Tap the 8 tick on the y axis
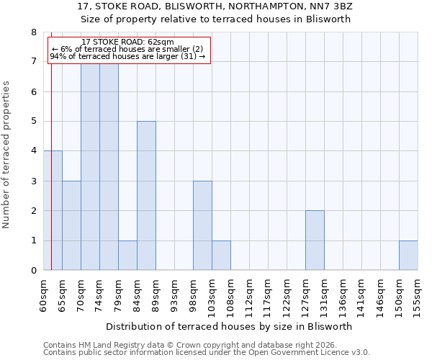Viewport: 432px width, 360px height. click(33, 32)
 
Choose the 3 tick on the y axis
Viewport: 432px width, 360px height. click(33, 181)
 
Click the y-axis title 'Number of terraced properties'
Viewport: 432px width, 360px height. click(7, 155)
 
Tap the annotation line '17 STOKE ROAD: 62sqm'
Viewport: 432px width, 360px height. click(128, 42)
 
